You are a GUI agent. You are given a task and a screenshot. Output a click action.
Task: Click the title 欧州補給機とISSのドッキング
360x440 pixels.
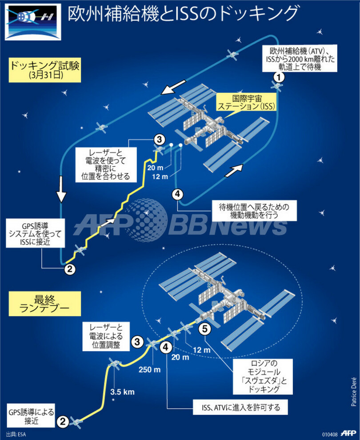click(182, 14)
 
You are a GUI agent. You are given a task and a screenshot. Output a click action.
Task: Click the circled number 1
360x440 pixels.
click(278, 77)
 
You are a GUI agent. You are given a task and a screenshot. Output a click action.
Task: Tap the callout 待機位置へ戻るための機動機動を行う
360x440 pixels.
click(248, 209)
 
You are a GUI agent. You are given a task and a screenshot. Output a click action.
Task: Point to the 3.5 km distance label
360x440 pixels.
click(122, 392)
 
